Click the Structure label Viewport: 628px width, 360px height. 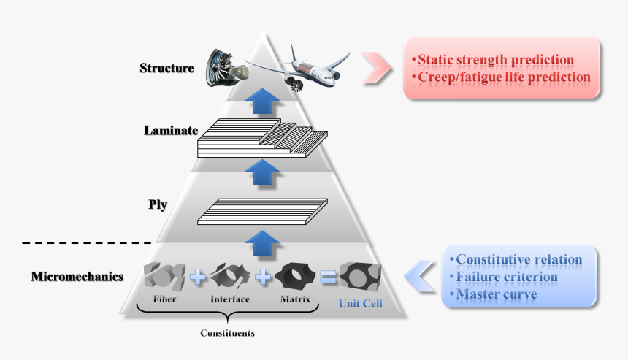(166, 69)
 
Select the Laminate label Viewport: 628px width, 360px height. (172, 131)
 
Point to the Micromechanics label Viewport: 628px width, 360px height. (77, 277)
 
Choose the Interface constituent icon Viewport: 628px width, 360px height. (231, 276)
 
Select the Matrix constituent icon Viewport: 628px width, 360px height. (296, 276)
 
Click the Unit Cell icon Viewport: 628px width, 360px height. (359, 277)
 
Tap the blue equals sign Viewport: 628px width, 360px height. (328, 277)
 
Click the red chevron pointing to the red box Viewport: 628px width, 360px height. (376, 66)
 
